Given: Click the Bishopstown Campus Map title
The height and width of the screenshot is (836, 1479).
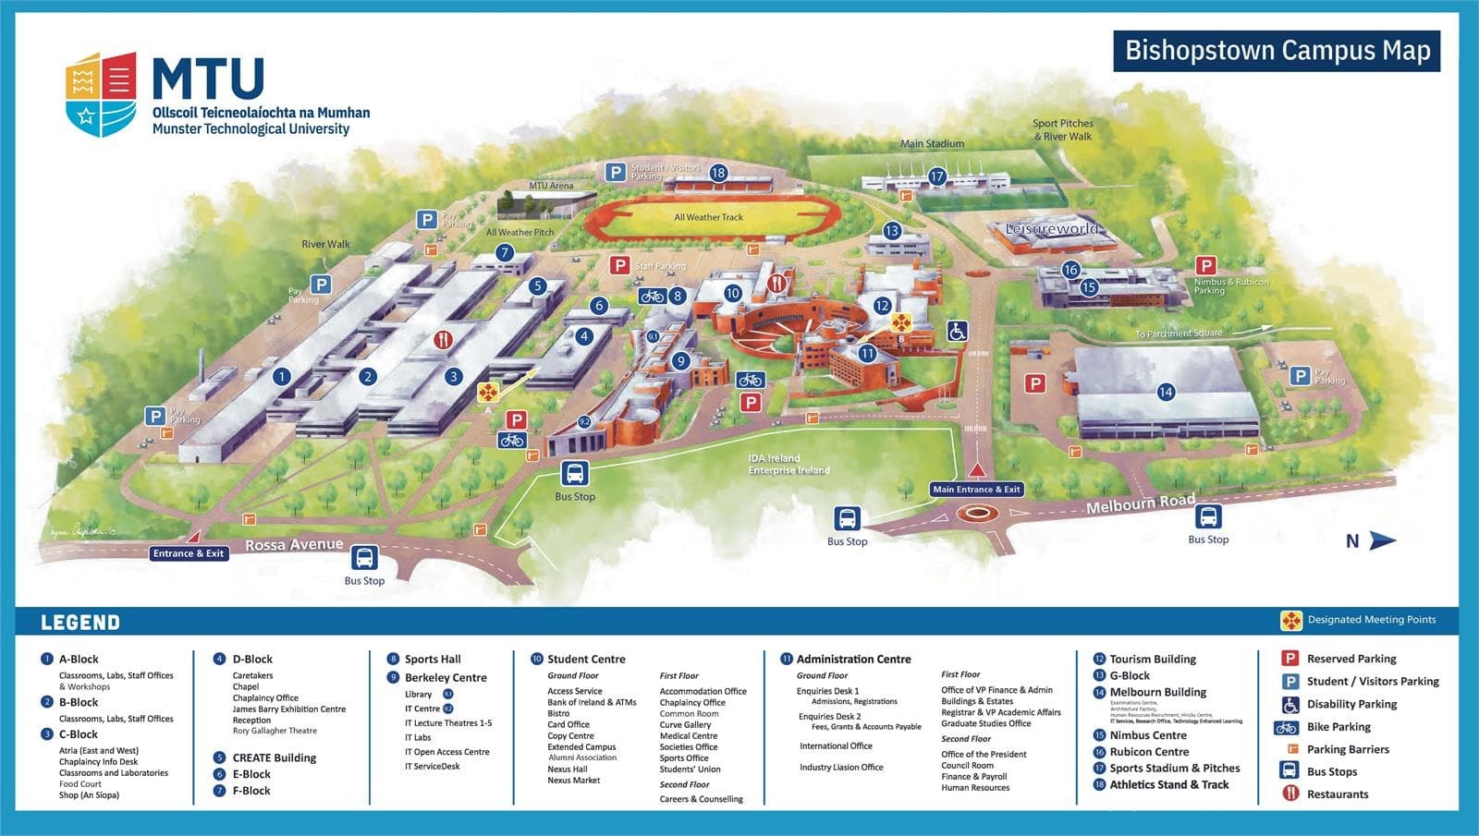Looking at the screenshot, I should pos(1277,50).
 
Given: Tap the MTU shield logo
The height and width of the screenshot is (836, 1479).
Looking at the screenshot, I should pos(101,93).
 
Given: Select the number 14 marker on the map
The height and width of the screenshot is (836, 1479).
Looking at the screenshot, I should pos(1166,392).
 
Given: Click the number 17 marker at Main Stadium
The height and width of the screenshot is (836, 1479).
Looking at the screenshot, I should pos(937,176).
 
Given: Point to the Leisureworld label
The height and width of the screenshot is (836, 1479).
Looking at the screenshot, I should pos(1052,228).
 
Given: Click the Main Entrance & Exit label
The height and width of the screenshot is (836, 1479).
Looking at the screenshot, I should pos(976,490).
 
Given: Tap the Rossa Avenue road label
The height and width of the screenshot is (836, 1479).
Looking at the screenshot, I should pos(294,545).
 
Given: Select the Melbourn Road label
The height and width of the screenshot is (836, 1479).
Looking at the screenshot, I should pos(1140,504).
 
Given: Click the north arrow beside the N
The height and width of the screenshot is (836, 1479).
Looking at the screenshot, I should pos(1382,540).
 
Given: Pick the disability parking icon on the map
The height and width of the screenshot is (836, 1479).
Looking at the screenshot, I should pos(957,331).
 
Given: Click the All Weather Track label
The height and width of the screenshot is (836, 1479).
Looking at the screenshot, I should pos(708,217).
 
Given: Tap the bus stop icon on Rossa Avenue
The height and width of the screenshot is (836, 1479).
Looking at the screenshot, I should pos(364,558).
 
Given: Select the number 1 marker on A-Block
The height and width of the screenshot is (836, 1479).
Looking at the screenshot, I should pos(281,376).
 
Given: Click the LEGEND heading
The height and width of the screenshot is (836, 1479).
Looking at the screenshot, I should pos(80,623).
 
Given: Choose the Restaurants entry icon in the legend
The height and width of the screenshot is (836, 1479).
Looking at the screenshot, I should pos(1290,794).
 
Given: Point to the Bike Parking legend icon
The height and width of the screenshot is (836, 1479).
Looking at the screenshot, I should pos(1287,727).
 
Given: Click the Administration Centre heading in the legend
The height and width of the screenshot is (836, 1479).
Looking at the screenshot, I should pos(853,660).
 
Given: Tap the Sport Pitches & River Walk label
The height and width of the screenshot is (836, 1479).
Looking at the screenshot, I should pos(1063,129).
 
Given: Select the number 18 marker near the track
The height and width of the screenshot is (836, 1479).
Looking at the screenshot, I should pos(718,173).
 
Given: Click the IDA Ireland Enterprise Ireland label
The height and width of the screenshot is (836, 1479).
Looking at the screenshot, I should pos(788,465).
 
